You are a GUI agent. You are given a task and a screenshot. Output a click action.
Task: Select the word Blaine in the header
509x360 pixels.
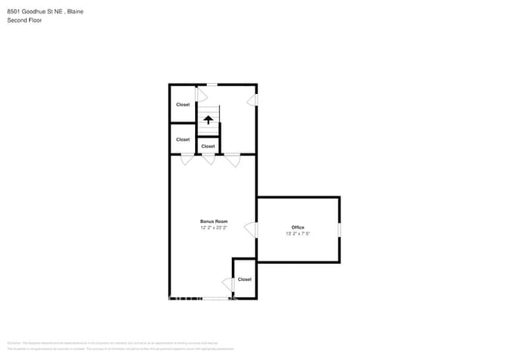(x=75, y=12)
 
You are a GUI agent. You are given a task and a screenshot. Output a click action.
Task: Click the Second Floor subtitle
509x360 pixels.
(x=24, y=20)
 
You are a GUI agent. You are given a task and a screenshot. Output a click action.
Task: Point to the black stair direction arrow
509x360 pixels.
(x=208, y=120)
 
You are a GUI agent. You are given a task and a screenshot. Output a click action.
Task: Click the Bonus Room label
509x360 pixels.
(x=213, y=221)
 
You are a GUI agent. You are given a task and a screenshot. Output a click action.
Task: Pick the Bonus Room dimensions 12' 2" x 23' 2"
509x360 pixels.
(x=213, y=228)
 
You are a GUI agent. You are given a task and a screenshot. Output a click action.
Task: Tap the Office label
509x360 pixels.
(x=298, y=227)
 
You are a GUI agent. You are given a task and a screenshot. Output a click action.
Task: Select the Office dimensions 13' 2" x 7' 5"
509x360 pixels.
(x=298, y=233)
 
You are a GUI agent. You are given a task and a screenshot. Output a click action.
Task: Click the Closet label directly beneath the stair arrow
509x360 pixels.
(x=208, y=146)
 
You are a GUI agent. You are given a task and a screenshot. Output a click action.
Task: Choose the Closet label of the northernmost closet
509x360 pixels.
(x=182, y=104)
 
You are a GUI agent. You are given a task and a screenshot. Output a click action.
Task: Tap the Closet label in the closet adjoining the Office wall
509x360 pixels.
(x=244, y=279)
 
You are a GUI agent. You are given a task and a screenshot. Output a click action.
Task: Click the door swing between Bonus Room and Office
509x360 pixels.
(x=251, y=229)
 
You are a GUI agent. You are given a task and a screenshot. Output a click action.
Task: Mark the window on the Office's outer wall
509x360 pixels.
(x=339, y=229)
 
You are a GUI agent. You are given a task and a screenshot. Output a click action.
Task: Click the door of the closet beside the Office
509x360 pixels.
(x=228, y=283)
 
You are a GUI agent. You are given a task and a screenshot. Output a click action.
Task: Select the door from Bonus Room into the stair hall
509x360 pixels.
(x=233, y=160)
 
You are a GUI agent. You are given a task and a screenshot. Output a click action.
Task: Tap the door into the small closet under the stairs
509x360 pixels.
(x=208, y=159)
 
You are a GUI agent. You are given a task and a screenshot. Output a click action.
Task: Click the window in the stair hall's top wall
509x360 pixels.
(x=211, y=85)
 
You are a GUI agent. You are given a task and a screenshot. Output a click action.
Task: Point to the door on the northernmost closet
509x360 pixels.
(x=200, y=95)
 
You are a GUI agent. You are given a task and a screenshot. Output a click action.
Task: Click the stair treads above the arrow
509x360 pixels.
(x=208, y=109)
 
